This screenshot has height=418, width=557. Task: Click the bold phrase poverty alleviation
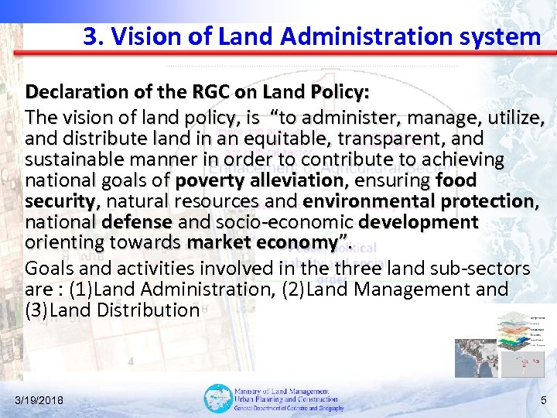pos(260,181)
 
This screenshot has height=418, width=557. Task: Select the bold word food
pos(456,181)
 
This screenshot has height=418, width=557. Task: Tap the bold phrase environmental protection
pos(419,202)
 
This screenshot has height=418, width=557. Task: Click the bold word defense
pos(136,223)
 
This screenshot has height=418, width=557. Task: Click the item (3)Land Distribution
pos(113,310)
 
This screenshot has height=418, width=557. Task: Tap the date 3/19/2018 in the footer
pos(39,400)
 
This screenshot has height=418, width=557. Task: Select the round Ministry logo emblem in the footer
pos(217,399)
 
